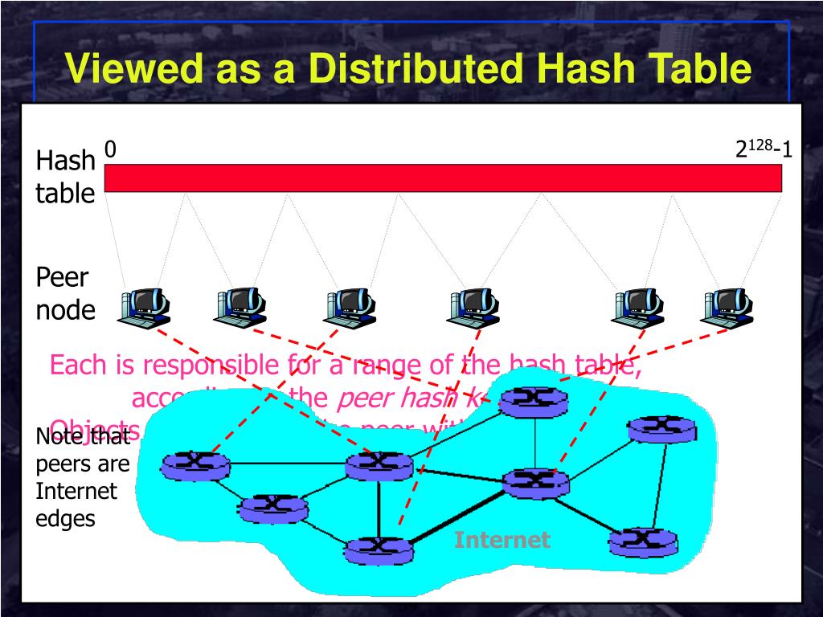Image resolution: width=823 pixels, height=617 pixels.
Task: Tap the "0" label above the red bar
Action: [x=110, y=149]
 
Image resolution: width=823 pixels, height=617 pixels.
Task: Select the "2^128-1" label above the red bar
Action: [x=764, y=149]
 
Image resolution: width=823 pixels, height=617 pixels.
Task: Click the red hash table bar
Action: [x=443, y=178]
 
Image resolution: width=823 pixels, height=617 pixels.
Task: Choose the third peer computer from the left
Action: [x=350, y=307]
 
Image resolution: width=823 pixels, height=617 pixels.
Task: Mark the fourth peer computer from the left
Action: [x=473, y=307]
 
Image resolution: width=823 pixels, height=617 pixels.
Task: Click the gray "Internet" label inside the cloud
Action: [x=502, y=540]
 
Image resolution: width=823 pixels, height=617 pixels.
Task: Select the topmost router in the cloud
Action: [x=533, y=400]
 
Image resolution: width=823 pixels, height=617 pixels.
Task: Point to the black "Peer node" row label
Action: [x=64, y=294]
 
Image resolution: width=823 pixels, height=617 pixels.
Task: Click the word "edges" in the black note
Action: [x=65, y=518]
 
